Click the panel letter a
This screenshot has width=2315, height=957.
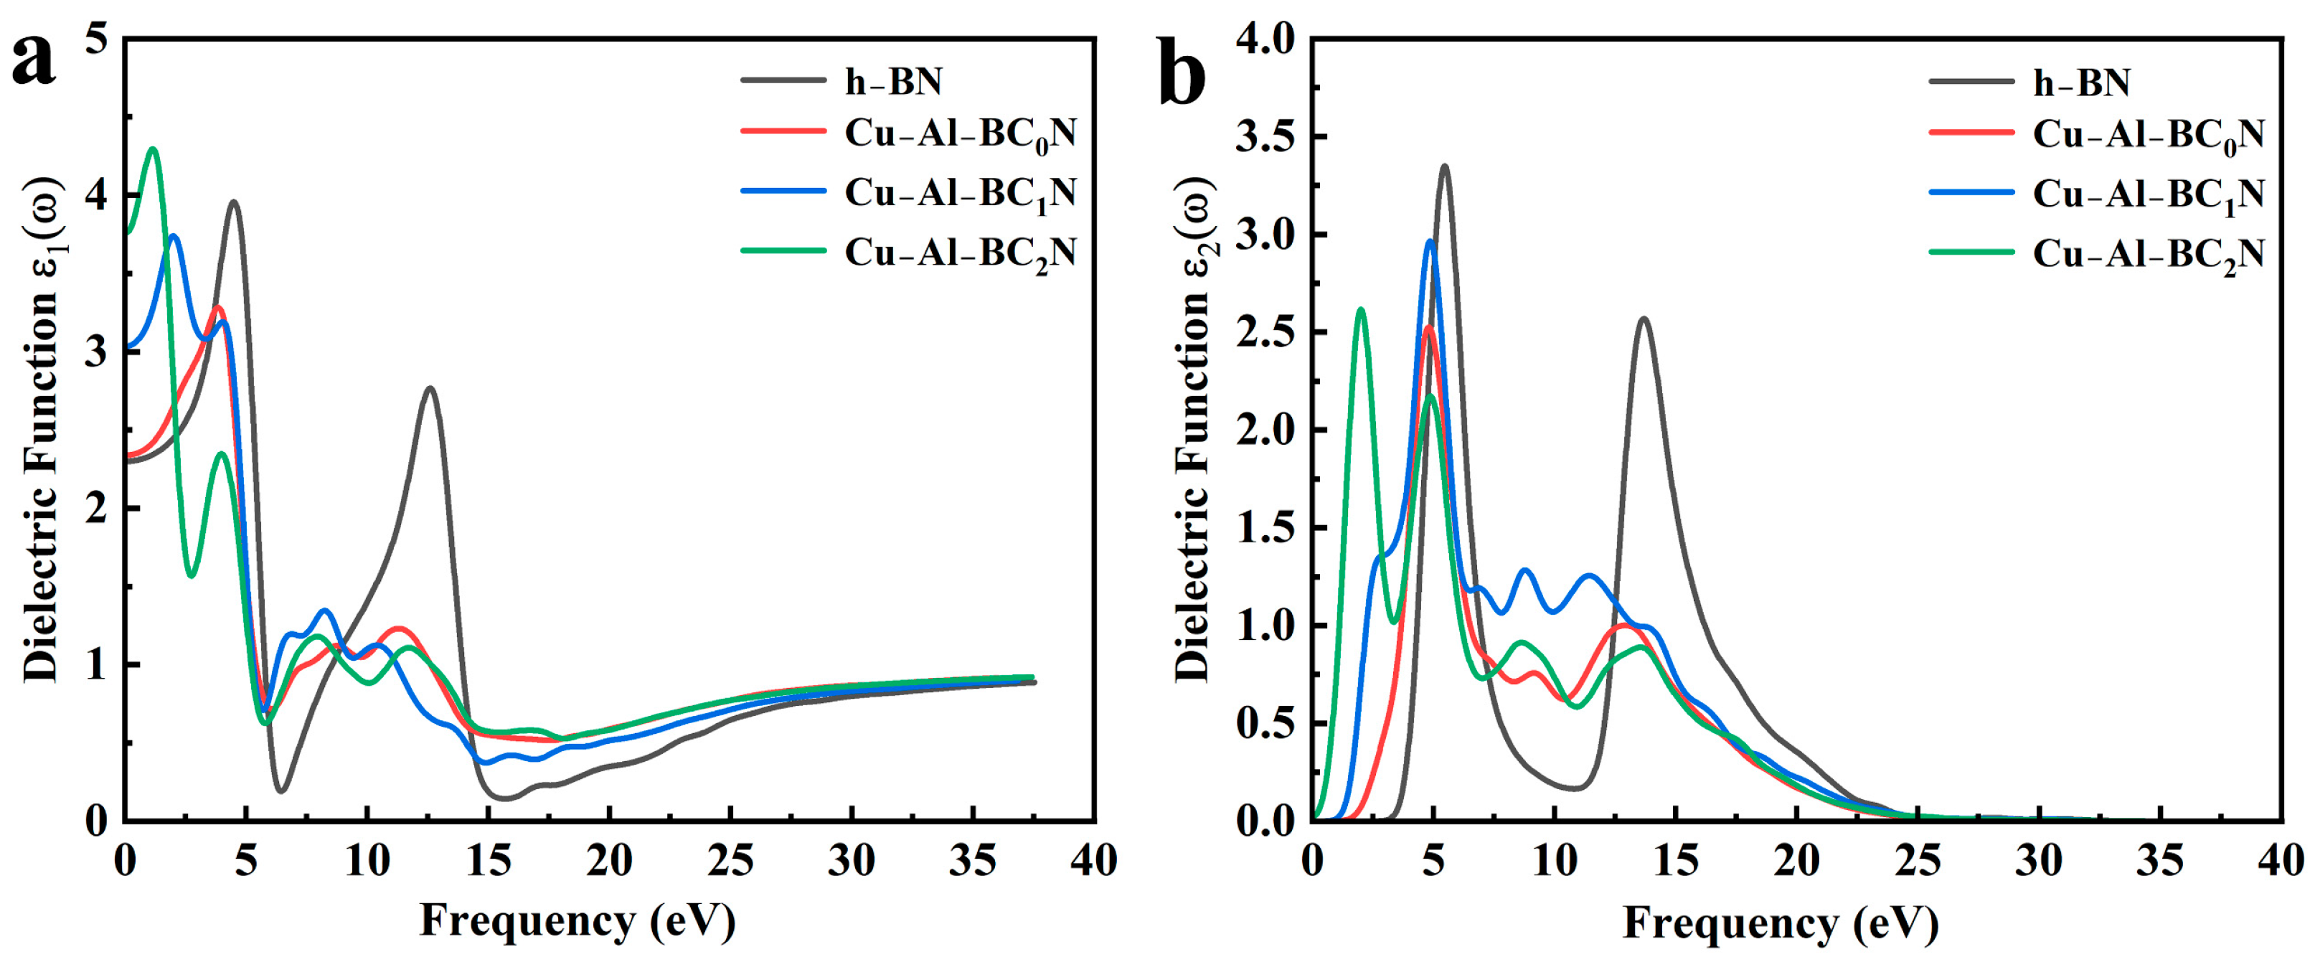tap(34, 65)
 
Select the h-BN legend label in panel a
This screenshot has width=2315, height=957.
tap(893, 82)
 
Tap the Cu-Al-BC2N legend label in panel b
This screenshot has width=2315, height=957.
tap(2148, 255)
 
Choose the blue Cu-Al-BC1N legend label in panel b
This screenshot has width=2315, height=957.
tap(2148, 195)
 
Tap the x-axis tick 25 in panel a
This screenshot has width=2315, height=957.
tap(730, 860)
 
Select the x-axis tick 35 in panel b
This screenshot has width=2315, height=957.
tap(2159, 860)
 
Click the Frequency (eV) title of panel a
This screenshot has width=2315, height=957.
tap(577, 921)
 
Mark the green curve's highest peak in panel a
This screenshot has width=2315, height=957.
tap(153, 148)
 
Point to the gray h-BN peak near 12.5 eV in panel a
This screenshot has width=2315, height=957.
tap(430, 388)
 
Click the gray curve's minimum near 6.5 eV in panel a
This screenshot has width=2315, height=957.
tap(281, 791)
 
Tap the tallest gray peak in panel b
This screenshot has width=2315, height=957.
tap(1444, 166)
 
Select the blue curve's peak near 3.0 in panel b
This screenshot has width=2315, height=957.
tap(1430, 241)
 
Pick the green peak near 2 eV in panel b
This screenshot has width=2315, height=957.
tap(1361, 310)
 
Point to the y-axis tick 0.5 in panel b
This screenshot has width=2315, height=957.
tap(1265, 723)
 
